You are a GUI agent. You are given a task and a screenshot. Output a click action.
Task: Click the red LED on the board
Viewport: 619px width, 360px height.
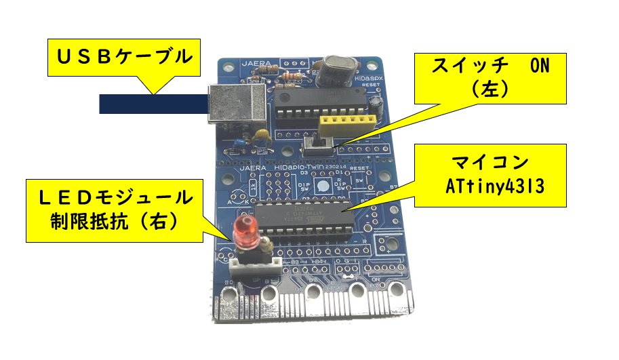(x=245, y=231)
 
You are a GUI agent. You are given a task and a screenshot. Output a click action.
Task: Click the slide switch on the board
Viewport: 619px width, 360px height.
(x=318, y=144)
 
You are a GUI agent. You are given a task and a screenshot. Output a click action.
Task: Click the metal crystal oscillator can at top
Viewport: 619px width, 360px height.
(x=336, y=67)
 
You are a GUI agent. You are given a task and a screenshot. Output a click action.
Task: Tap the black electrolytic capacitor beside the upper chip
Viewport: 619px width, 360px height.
(x=376, y=104)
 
